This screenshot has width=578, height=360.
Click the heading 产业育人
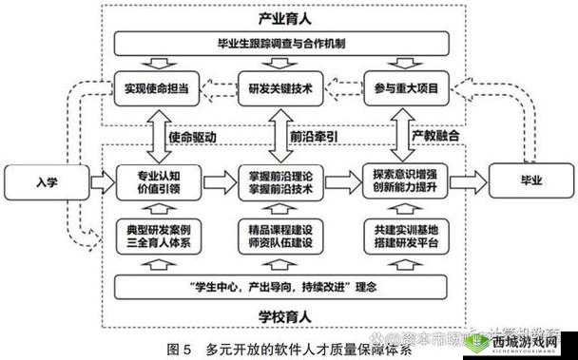(x=281, y=17)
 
